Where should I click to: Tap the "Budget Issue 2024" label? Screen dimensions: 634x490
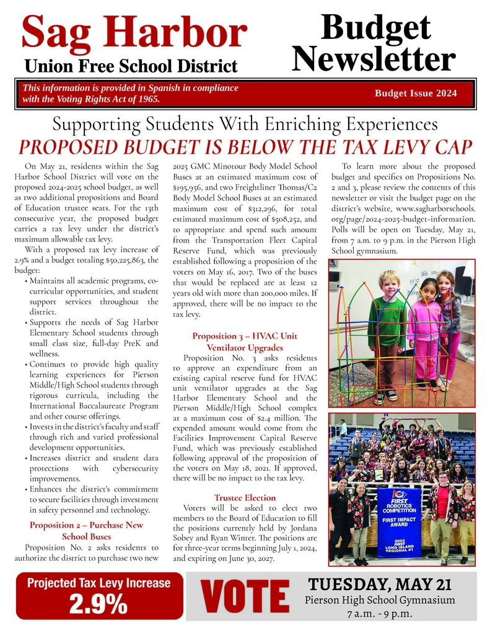[416, 93]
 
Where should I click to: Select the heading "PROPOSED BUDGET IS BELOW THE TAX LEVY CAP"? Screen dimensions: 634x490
[245, 147]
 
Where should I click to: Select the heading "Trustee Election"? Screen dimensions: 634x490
[245, 497]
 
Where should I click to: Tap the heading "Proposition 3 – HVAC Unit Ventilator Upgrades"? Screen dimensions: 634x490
[245, 342]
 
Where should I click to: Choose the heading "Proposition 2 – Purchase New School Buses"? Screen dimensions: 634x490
[86, 531]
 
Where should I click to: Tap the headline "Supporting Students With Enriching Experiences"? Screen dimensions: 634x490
[245, 124]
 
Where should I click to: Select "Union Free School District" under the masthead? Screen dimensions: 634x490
[131, 66]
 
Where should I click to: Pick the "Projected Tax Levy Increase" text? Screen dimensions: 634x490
[98, 583]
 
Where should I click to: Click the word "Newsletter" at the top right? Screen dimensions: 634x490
[374, 59]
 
